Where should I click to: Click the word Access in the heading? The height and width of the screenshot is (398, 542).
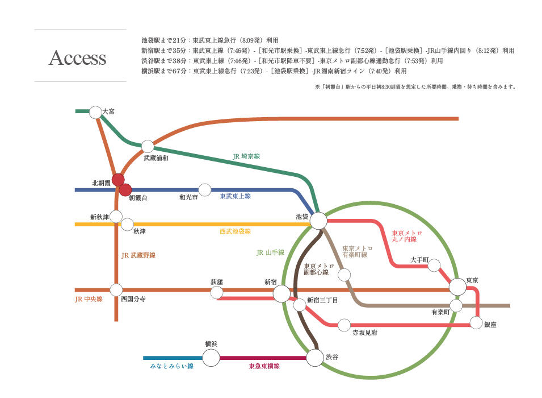click(77, 57)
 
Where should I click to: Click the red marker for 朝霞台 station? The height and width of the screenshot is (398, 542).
click(125, 190)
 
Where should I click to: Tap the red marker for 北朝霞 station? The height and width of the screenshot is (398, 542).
click(118, 180)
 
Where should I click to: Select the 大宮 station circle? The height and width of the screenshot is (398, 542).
click(95, 112)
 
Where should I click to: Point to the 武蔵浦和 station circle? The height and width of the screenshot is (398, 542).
click(148, 147)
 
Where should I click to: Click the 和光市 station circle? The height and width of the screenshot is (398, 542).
click(205, 190)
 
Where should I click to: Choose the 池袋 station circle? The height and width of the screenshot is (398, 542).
click(318, 220)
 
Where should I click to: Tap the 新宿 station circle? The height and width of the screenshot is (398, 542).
click(281, 294)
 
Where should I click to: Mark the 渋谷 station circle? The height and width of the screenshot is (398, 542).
click(315, 358)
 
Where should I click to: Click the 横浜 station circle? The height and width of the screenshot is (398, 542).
click(211, 358)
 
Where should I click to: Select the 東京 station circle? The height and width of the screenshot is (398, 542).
click(457, 287)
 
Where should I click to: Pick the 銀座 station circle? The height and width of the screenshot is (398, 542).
click(476, 322)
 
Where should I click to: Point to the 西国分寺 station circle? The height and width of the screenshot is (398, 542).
click(116, 290)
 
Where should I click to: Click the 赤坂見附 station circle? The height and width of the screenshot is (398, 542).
click(344, 325)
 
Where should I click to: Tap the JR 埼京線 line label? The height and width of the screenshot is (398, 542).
click(246, 156)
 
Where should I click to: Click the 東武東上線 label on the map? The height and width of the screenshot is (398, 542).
click(235, 196)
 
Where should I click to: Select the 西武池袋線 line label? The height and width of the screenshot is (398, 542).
click(235, 231)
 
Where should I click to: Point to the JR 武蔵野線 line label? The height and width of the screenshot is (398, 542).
click(138, 255)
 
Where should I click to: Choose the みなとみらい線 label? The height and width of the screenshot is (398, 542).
click(172, 366)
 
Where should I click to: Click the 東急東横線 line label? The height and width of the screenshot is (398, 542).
click(264, 366)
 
